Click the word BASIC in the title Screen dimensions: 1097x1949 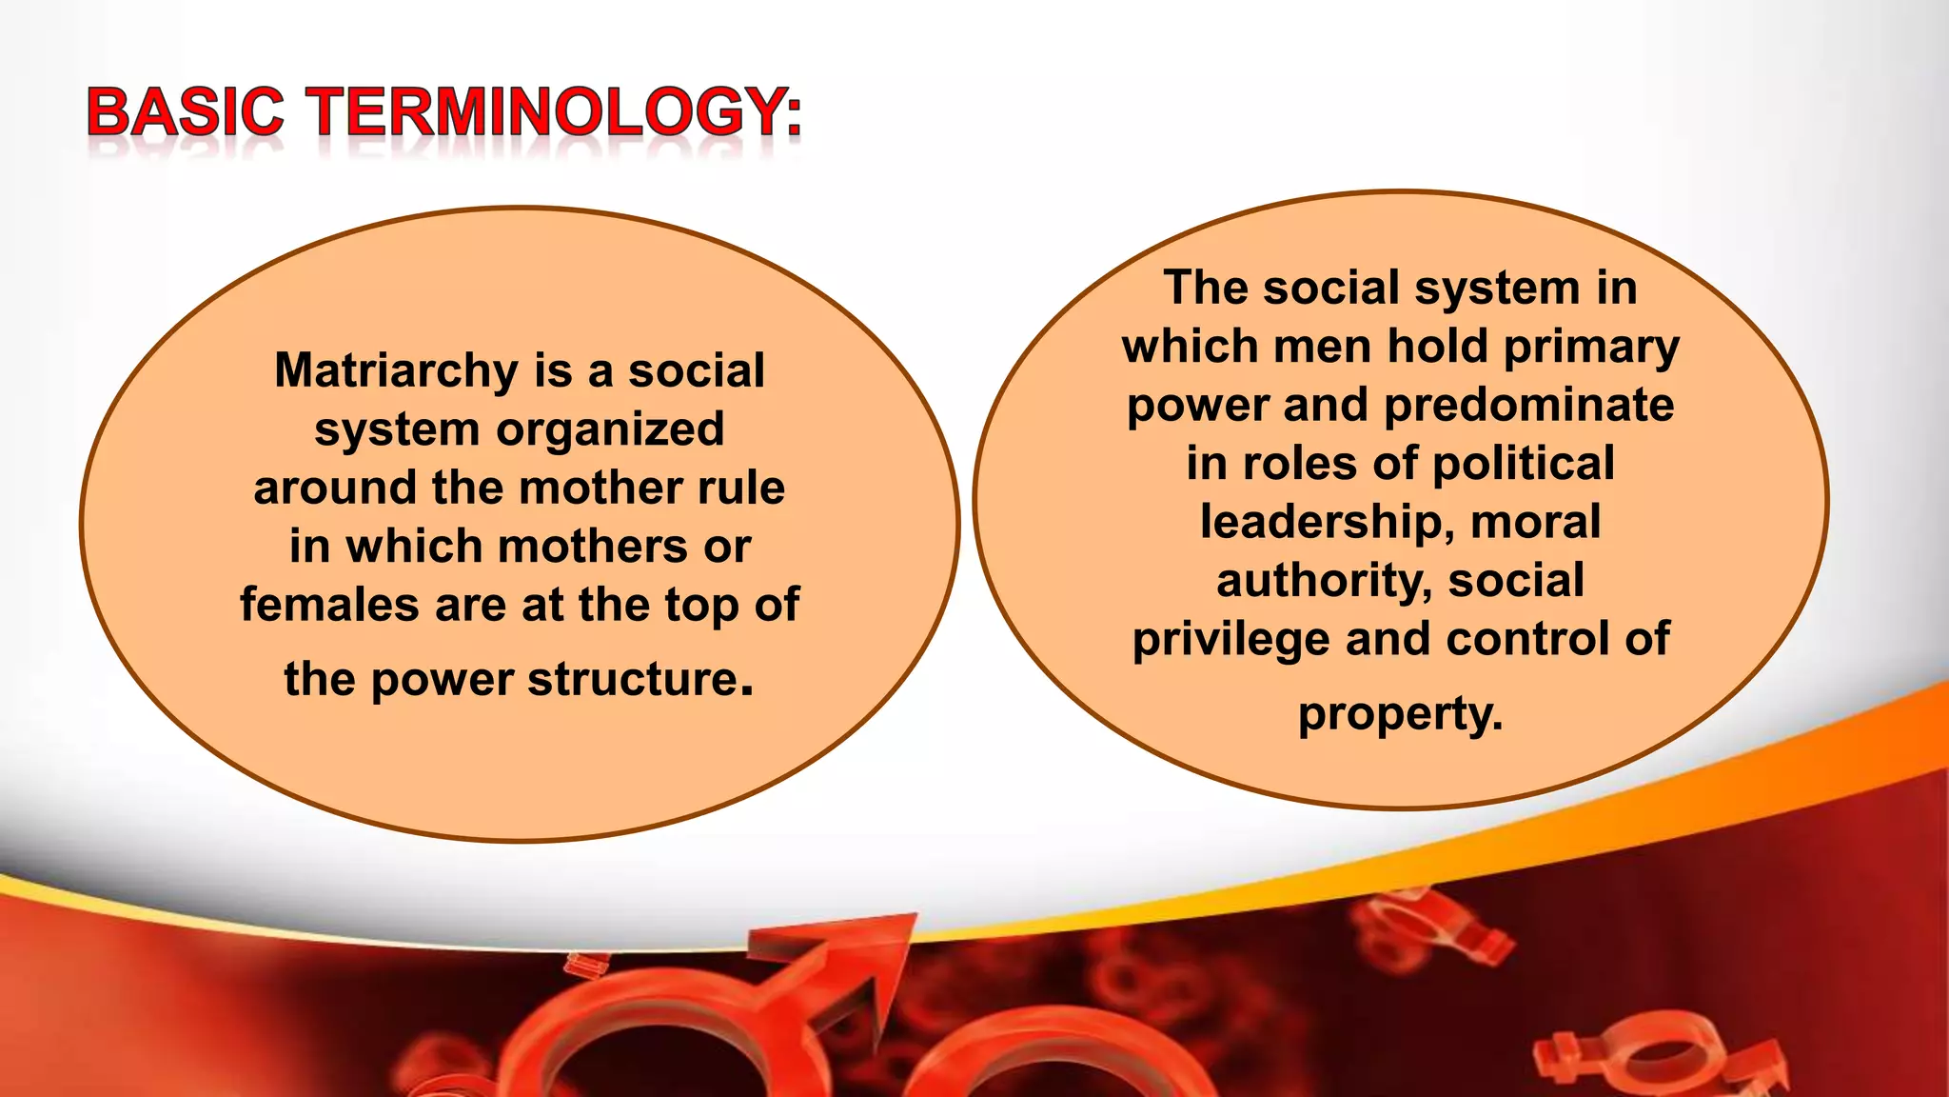[186, 111]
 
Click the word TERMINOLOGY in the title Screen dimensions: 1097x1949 [547, 111]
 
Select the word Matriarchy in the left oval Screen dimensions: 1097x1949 [396, 371]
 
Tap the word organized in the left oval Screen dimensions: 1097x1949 [610, 429]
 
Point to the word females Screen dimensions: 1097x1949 [327, 605]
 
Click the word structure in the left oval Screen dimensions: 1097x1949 [633, 679]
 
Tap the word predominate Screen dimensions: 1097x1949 [1528, 406]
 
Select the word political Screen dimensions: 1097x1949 [1523, 465]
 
